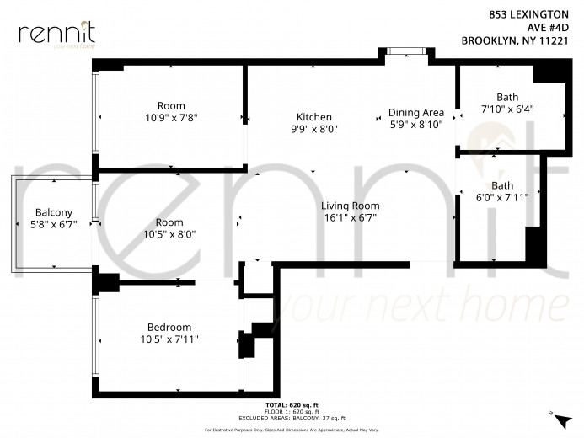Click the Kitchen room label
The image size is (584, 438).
point(314,117)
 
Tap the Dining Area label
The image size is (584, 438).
point(416,112)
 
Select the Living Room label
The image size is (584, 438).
point(350,206)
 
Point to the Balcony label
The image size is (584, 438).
point(54,212)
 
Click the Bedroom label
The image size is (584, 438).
point(169,327)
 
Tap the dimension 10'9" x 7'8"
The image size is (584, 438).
point(171,118)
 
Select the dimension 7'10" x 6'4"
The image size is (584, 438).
point(507,109)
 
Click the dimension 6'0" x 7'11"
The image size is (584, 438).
point(502,197)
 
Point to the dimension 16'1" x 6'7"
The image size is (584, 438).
point(350,217)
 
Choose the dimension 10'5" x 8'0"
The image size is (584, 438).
point(169,234)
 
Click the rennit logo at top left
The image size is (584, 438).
point(57,35)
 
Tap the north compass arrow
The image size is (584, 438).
point(563,422)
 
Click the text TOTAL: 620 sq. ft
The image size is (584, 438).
point(292,405)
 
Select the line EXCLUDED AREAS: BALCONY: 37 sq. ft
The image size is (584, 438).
point(292,418)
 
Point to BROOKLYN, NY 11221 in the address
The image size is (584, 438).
point(515,40)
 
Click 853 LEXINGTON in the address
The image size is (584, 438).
point(528,14)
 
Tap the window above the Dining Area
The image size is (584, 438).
point(406,51)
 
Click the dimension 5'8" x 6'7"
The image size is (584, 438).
point(54,224)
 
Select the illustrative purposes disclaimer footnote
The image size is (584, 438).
point(292,430)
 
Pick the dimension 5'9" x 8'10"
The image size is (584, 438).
point(416,125)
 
